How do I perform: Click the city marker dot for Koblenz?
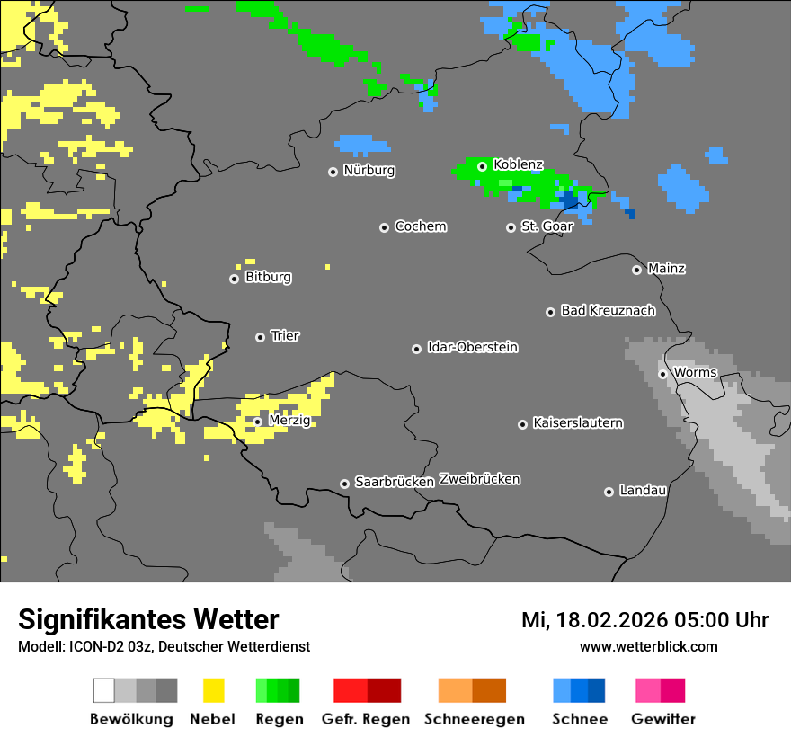pos(483,166)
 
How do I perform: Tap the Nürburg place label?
pos(369,170)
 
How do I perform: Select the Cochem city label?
pos(420,226)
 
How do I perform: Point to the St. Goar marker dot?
pos(511,227)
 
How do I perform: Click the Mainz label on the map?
pos(666,269)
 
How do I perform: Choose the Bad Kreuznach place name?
pos(608,311)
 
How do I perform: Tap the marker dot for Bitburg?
pos(235,279)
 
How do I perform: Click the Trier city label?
pos(285,336)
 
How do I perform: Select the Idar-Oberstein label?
pos(472,348)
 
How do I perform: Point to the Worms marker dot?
pos(662,374)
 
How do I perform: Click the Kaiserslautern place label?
pos(577,423)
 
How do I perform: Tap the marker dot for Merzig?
pos(258,422)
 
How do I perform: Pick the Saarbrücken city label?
pos(395,483)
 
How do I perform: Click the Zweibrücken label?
pos(479,480)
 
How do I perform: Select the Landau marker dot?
pos(609,492)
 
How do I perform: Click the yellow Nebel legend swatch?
pos(213,690)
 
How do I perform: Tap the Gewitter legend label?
pos(662,719)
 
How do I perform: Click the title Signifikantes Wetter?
pos(148,620)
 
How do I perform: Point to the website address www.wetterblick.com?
pos(648,647)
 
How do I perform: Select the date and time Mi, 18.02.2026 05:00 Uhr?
pos(644,620)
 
